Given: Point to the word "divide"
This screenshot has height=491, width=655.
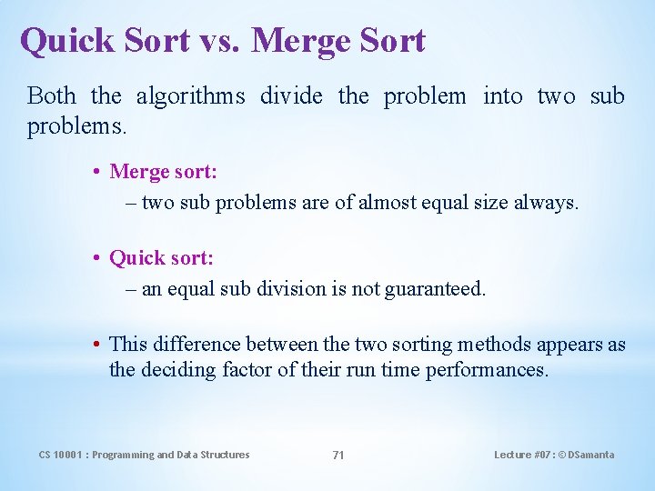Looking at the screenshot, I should coord(291,95).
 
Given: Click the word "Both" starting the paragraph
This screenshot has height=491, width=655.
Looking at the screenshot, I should coord(52,95).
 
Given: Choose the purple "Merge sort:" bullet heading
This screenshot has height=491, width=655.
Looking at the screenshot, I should coord(162,171).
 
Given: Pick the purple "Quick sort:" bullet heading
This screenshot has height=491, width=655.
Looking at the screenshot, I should coord(162,258).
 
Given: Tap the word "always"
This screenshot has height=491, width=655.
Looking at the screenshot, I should coord(545,203).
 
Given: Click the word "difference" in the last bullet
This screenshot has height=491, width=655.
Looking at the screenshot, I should coord(198,345).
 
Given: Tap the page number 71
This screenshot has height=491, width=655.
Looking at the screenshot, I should coord(338,455).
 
